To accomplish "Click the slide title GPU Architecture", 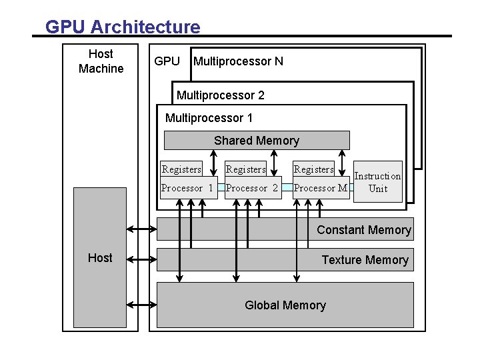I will pos(123,27).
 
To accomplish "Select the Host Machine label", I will pos(101,61).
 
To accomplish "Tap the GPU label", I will pos(167,61).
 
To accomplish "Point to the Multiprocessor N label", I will pos(238,61).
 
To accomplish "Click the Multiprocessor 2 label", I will pos(220,95).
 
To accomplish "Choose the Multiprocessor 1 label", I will pos(209,118).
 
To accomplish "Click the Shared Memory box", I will pos(257,141).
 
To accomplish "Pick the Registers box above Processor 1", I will pos(181,169).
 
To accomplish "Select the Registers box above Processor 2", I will pos(246,169).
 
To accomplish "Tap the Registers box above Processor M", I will pos(314,169).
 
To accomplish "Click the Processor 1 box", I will pos(187,188).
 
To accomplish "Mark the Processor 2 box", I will pos(252,188).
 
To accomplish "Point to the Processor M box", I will pos(321,188).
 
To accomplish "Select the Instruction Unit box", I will pos(378,181).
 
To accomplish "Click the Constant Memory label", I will pos(364,230).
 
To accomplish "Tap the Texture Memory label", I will pos(365,260).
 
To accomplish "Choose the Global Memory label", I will pos(285,305).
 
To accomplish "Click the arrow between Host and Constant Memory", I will pos(141,229).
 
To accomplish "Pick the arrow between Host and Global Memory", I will pos(141,305).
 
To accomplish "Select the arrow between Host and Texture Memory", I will pos(141,259).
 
